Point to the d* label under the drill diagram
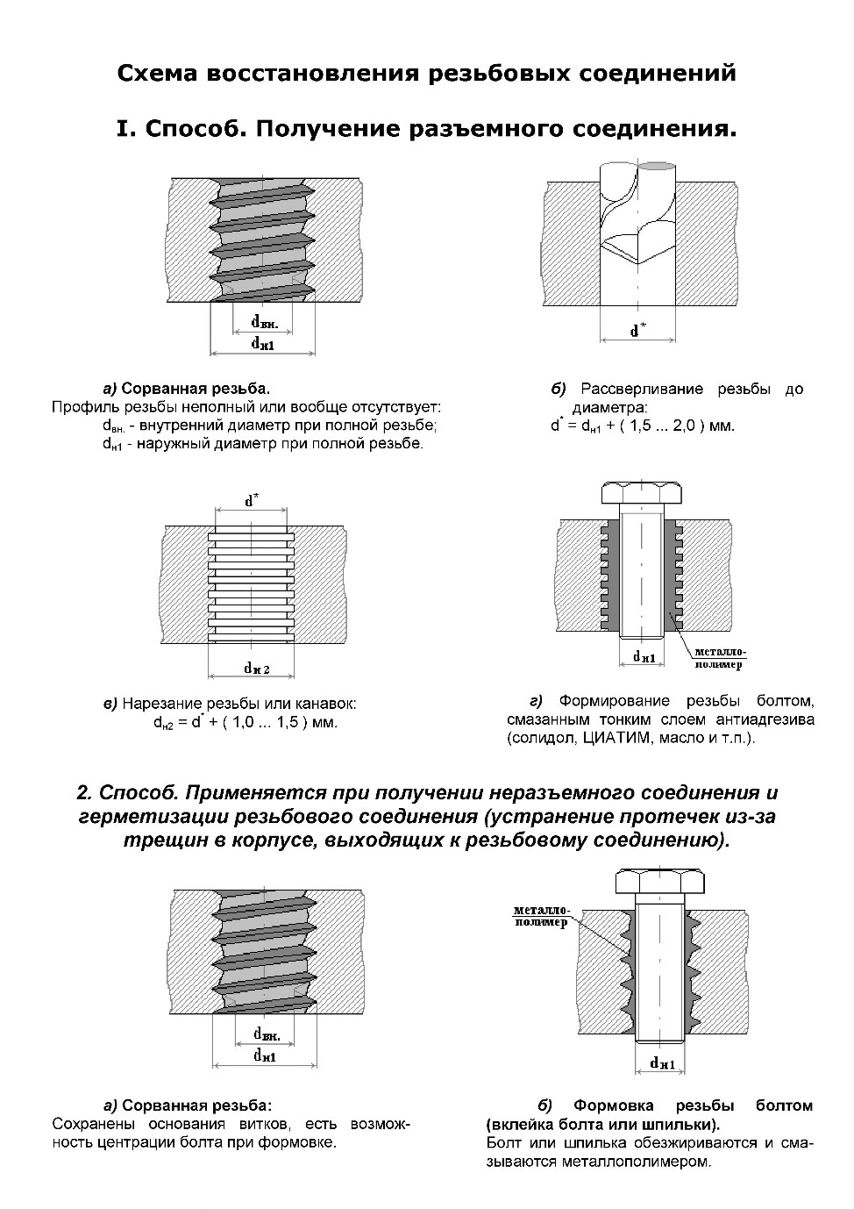pos(637,331)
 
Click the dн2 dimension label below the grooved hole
pos(256,669)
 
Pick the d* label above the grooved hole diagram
pos(252,501)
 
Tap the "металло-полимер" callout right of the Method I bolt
pos(719,658)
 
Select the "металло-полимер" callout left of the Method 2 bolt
pos(541,916)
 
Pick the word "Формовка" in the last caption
pos(610,1105)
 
